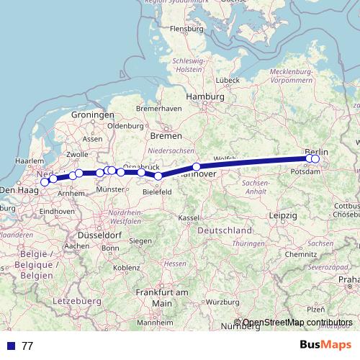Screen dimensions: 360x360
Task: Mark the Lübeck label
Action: click(x=226, y=80)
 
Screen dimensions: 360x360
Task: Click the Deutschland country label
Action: click(x=225, y=230)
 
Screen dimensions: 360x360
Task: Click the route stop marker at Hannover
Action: click(x=196, y=167)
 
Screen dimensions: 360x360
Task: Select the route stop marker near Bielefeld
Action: click(x=158, y=176)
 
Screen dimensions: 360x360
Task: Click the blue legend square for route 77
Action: click(x=10, y=346)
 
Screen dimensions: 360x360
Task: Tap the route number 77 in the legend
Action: click(x=27, y=346)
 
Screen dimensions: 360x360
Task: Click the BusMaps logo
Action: click(x=320, y=345)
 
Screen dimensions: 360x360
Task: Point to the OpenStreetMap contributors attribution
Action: click(x=297, y=323)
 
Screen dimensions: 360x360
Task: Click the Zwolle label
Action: click(x=77, y=154)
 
